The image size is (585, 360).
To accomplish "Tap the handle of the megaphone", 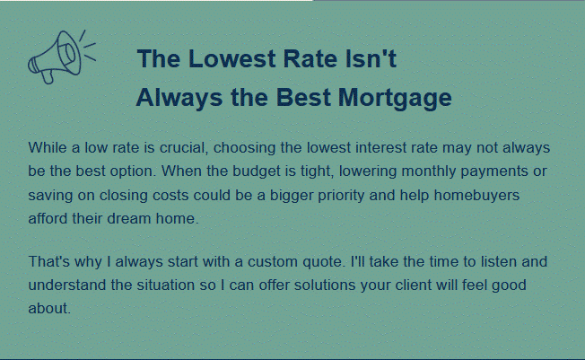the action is tap(48, 76).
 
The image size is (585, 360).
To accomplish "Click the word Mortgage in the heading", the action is tap(395, 99).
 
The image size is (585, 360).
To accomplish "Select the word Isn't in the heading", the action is tap(371, 59).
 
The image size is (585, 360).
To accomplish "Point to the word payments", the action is tap(494, 171).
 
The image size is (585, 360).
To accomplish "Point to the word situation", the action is tap(165, 285).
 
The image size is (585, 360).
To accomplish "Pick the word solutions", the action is tap(325, 285).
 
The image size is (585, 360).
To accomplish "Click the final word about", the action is tap(49, 309).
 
